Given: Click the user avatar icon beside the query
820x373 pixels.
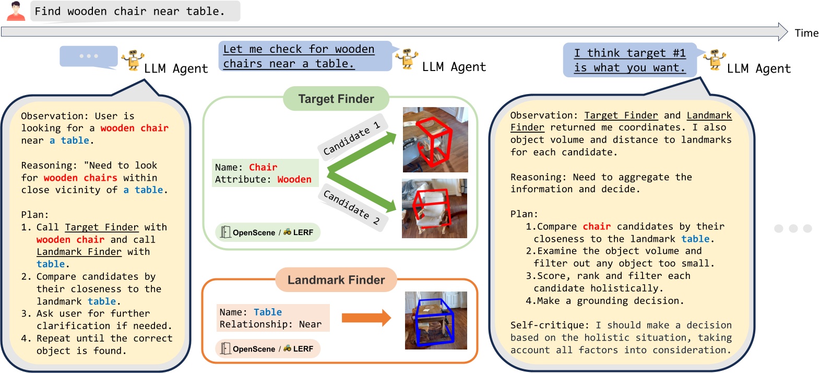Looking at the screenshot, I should coord(16,11).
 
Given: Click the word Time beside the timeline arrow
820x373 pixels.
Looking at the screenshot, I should coord(806,33).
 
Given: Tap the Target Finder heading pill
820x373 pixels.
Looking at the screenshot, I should coord(336,99).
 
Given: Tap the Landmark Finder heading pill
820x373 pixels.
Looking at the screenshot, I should coord(336,280).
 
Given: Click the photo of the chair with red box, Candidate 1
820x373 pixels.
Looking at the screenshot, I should coord(435,139).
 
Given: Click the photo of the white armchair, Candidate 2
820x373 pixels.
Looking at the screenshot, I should coord(434,208).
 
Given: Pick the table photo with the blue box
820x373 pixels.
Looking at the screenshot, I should coord(436,320).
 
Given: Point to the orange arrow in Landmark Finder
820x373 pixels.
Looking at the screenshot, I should coord(366,318).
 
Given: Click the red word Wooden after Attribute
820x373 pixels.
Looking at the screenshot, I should coord(294,179).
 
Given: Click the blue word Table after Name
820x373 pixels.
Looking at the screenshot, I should coord(267,312).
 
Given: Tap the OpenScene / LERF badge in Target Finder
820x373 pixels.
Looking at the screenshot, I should coord(268,232).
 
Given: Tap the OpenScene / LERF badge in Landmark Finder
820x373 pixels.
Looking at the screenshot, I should coord(268,348).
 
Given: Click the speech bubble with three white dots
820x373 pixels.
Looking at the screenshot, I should coord(88,56).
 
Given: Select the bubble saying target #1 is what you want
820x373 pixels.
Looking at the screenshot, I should coord(629,60).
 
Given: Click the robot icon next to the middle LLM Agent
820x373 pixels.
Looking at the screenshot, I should coord(407,59).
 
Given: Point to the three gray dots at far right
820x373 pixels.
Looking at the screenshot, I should coord(793,228).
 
